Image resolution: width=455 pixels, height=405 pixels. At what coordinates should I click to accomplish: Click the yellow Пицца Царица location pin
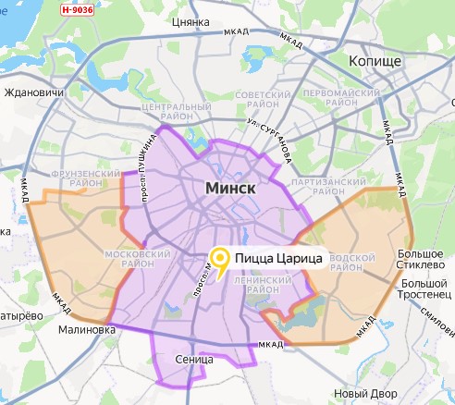coord(220,259)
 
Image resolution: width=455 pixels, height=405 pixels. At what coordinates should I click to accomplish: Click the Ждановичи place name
coord(33,92)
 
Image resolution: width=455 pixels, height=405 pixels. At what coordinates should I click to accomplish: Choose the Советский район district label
coord(264,102)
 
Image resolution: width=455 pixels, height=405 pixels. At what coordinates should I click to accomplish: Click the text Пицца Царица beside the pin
coord(278,259)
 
